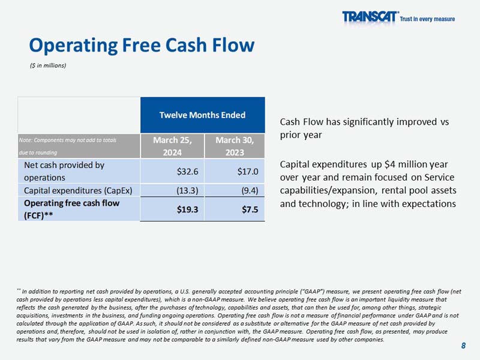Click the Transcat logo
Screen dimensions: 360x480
[x=370, y=17]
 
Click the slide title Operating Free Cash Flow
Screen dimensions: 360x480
[x=142, y=45]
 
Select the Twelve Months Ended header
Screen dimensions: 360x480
[x=202, y=115]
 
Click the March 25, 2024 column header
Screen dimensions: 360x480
[x=172, y=146]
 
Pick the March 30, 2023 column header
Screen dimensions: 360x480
[x=235, y=146]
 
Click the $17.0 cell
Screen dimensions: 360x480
[x=247, y=171]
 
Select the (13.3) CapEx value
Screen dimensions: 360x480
[x=187, y=191]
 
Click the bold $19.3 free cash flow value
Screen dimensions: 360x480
[x=188, y=209]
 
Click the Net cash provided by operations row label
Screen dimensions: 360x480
[x=64, y=171]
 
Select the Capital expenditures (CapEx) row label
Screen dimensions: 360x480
[x=77, y=191]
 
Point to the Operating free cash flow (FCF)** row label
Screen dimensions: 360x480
[x=71, y=209]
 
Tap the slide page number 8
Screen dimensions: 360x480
[x=463, y=345]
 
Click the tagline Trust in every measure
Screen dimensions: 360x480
[x=427, y=19]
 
